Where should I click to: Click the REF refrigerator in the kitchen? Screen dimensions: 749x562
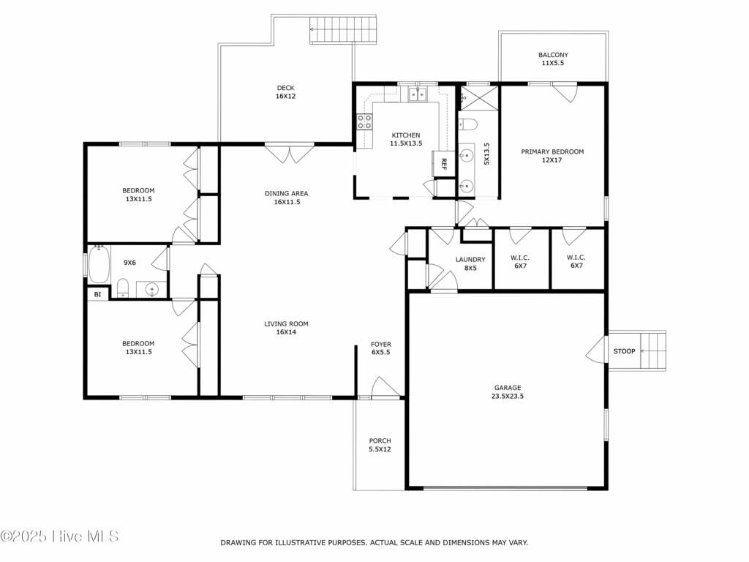(443, 164)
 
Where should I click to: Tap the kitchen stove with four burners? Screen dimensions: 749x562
(365, 121)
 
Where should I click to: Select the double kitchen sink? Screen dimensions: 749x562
(418, 94)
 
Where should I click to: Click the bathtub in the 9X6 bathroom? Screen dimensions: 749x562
(99, 264)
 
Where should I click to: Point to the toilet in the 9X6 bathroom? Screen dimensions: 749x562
(123, 288)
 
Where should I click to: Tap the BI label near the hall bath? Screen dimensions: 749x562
(97, 294)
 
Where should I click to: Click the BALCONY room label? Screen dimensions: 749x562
(553, 55)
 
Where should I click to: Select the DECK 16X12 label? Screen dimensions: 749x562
(286, 91)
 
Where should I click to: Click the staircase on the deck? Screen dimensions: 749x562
(344, 29)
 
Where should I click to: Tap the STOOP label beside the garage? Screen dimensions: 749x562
(625, 351)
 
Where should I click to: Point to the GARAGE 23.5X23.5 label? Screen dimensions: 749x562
(508, 392)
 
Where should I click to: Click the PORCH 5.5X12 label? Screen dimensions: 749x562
(380, 445)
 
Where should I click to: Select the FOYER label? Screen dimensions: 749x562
(380, 344)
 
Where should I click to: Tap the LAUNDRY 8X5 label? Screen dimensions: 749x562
(470, 263)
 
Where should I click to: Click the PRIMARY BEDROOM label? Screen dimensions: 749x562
(552, 152)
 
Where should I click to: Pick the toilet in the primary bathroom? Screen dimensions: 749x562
(467, 124)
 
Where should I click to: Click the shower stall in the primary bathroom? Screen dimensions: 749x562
(479, 98)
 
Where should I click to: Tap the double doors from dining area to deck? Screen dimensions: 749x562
(290, 153)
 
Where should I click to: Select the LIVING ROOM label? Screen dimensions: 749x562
(286, 324)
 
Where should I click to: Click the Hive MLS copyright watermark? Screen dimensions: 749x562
(59, 536)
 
